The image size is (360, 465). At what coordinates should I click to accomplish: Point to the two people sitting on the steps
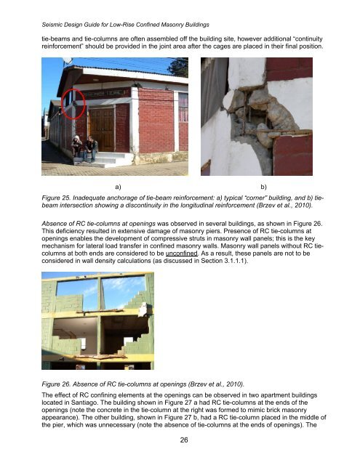coord(84,147)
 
